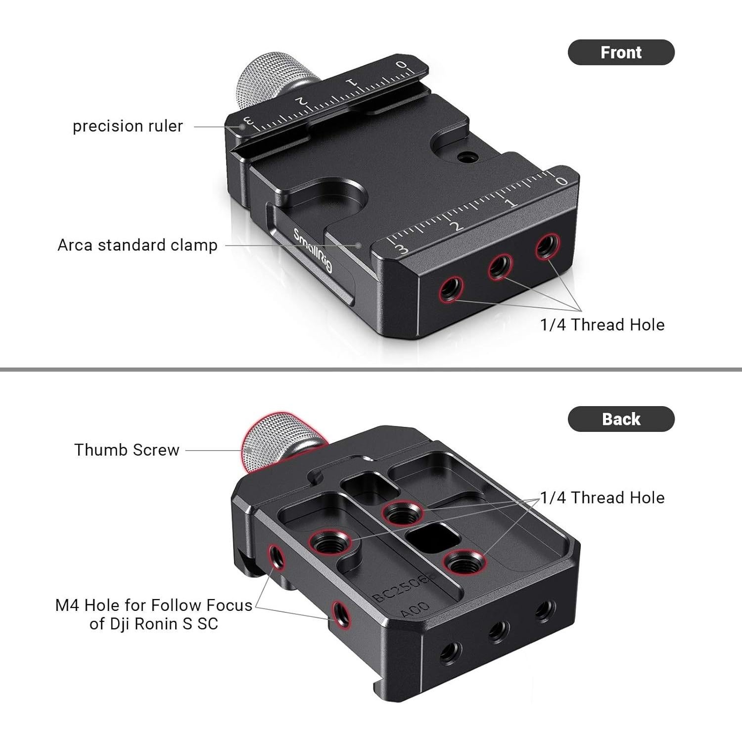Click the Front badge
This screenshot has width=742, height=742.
point(621,52)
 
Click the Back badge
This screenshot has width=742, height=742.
point(621,419)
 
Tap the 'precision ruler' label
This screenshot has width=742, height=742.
point(128,126)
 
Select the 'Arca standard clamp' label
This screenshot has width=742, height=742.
point(138,245)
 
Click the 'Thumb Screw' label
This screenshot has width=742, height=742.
point(127,450)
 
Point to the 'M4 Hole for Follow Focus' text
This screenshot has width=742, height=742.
point(153,605)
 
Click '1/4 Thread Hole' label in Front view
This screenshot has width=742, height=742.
point(602,325)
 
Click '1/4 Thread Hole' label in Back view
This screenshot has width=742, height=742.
point(602,497)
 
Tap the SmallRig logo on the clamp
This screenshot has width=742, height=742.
point(313,250)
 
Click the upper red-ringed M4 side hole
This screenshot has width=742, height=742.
point(276,557)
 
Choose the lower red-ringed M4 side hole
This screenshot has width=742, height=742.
point(341,614)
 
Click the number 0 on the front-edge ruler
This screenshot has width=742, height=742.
point(561,181)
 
